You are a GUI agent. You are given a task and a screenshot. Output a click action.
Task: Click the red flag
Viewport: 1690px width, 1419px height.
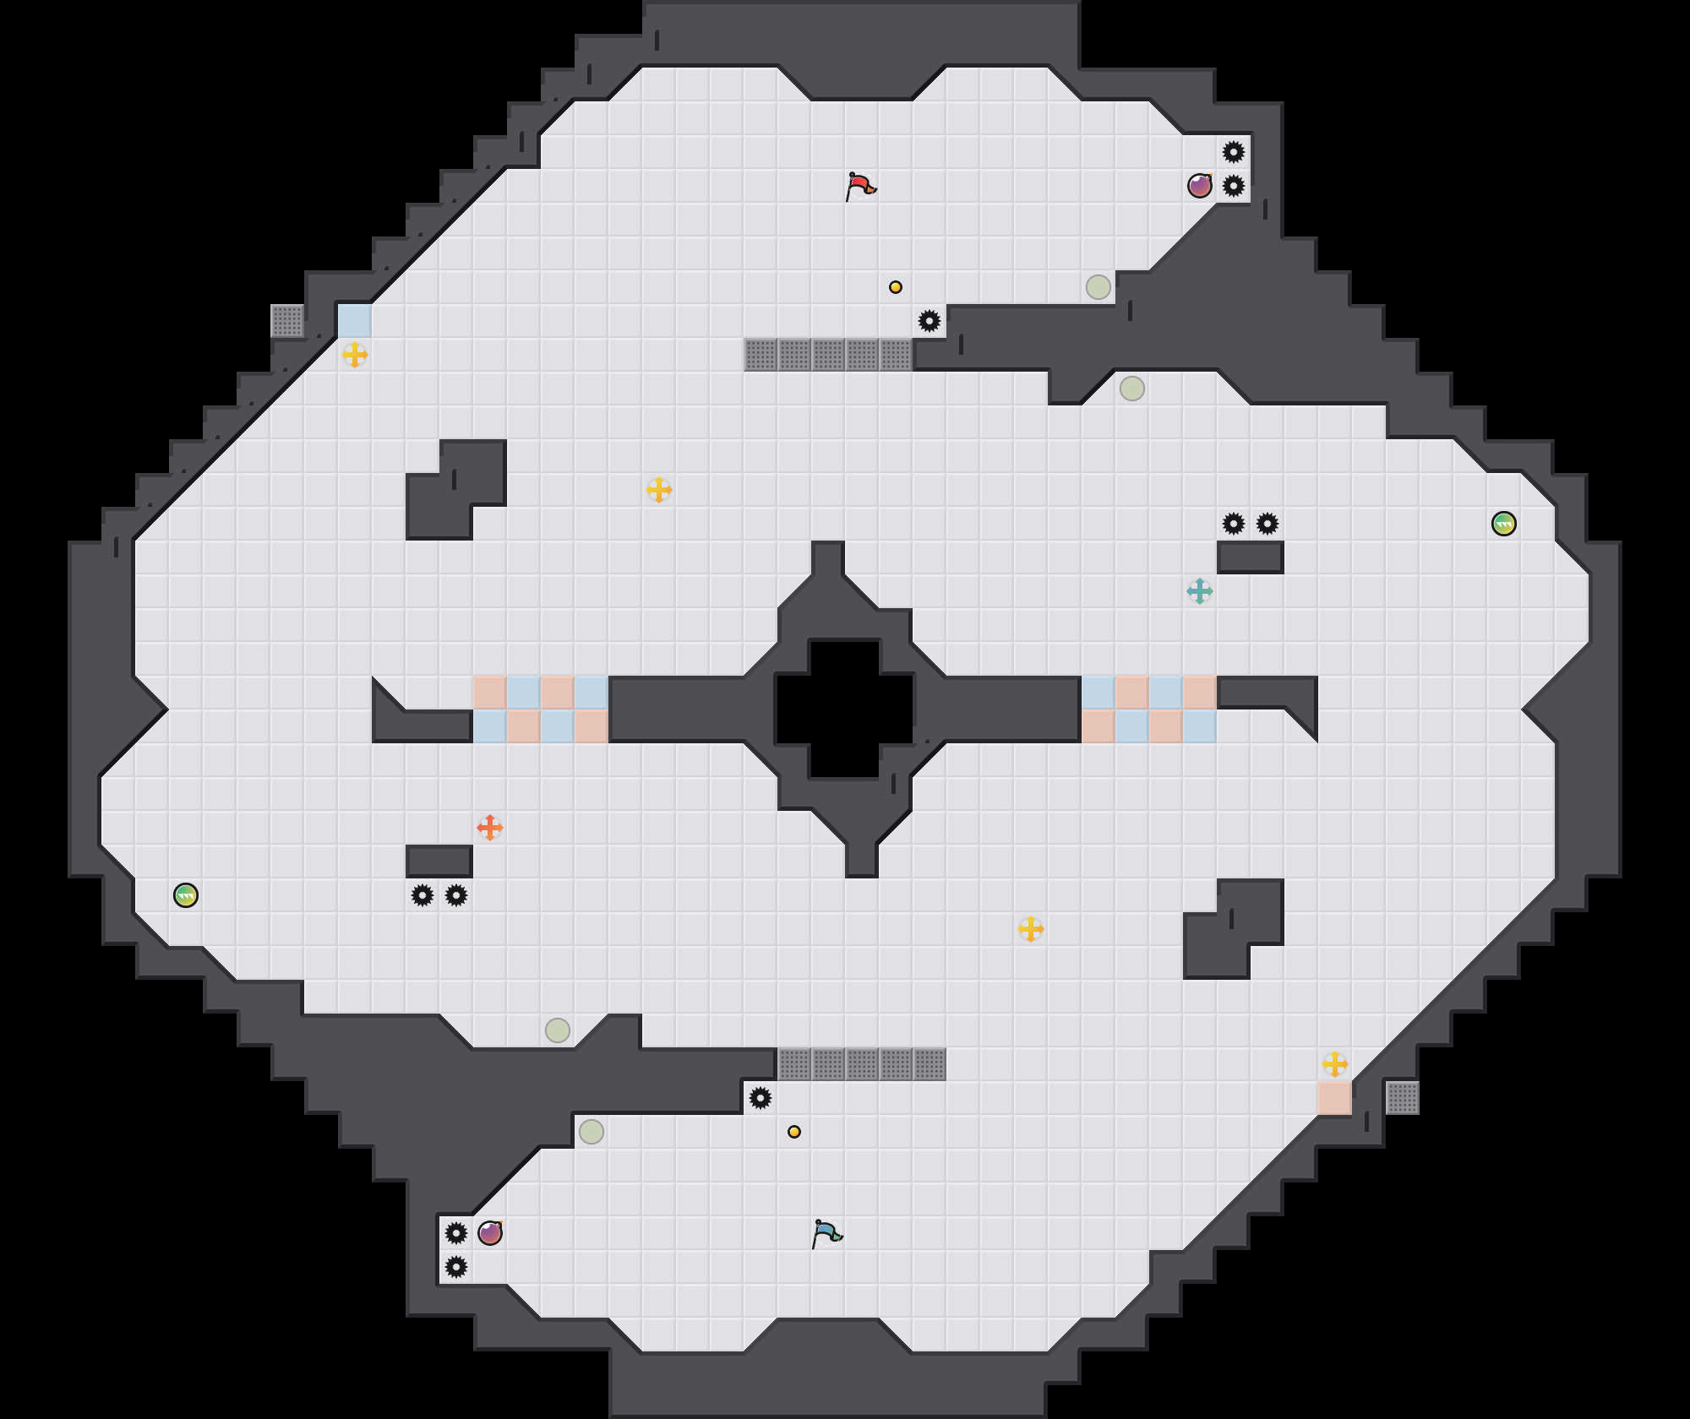(x=860, y=186)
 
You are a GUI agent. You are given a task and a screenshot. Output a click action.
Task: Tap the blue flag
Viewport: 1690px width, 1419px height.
(x=826, y=1233)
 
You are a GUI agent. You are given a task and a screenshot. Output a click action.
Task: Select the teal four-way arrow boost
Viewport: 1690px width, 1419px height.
(x=1200, y=591)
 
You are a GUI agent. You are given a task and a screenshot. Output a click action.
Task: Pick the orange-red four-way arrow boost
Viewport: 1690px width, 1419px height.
(x=490, y=828)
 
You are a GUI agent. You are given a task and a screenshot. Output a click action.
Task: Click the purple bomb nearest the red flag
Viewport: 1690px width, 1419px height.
(x=1200, y=186)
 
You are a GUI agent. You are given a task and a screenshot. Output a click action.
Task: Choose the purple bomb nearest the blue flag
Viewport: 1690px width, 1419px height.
(x=490, y=1233)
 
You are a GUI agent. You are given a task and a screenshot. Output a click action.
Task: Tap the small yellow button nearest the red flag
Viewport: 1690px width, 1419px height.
(x=896, y=287)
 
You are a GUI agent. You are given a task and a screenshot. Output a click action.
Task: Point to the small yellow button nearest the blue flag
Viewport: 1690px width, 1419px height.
(x=794, y=1132)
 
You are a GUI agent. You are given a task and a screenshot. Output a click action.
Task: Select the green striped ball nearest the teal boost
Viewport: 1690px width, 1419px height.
(x=1504, y=524)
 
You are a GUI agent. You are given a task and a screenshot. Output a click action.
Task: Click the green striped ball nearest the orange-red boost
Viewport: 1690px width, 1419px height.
(x=186, y=895)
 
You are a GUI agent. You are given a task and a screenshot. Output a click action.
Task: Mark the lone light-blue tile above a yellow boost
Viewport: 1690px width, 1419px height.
(x=355, y=321)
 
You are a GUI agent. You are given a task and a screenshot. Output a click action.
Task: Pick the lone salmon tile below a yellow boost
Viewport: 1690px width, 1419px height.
(x=1335, y=1098)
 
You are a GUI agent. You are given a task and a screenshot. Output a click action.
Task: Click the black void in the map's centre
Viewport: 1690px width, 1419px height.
(x=845, y=709)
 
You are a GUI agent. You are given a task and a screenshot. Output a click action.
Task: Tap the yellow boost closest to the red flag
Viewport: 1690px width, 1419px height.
(x=659, y=490)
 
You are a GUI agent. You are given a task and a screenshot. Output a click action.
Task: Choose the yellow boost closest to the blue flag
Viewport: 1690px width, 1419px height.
(x=1031, y=929)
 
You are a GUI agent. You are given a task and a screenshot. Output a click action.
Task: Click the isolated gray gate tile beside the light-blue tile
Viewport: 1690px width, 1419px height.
(x=287, y=321)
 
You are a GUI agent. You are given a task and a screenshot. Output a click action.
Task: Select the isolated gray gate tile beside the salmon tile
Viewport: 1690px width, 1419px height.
(x=1403, y=1098)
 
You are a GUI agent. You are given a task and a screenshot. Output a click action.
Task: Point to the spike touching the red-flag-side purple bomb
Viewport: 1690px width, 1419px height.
(x=1234, y=186)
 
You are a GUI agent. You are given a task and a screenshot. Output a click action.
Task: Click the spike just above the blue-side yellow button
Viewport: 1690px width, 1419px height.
(x=760, y=1098)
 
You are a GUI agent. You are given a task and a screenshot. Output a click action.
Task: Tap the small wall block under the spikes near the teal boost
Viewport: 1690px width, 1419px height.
(x=1251, y=557)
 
